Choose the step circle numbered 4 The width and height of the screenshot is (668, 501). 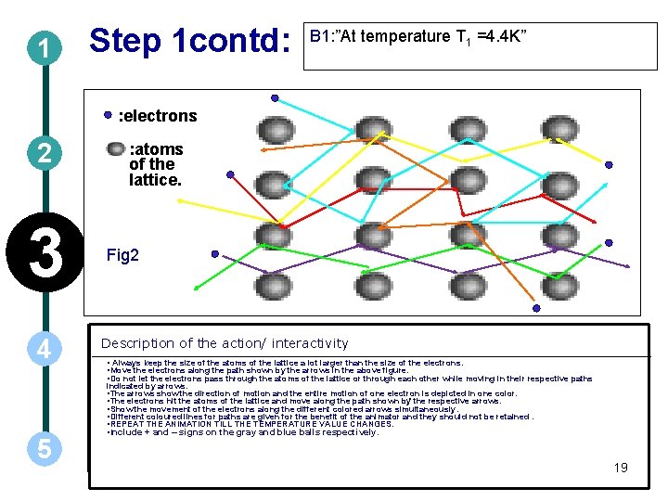pos(43,351)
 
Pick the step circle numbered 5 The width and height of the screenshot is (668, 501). pos(43,448)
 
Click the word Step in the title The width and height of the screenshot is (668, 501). pos(124,41)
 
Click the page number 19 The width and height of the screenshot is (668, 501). pos(621,467)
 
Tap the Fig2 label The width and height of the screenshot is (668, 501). pos(122,254)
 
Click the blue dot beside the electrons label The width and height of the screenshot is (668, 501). pos(108,115)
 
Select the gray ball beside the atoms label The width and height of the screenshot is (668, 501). pos(115,148)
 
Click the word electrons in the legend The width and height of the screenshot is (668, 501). pos(159,116)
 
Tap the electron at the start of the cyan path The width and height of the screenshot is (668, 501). pos(274,97)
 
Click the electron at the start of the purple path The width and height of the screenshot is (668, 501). pos(215,253)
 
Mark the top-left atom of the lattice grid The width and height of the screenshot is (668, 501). pos(272,138)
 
